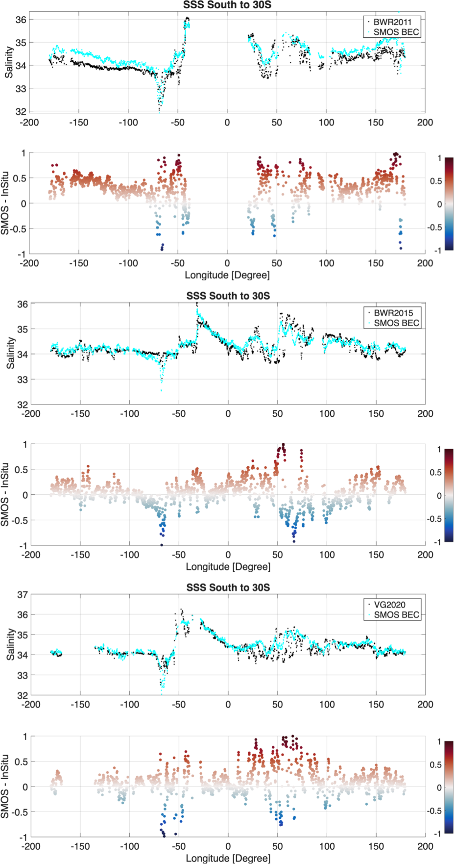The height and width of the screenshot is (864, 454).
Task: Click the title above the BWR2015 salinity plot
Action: [x=228, y=296]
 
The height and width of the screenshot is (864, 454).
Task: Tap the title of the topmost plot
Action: [x=227, y=5]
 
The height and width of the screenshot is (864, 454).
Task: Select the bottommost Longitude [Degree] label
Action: [x=228, y=858]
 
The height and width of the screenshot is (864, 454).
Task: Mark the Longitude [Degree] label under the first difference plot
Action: [x=227, y=275]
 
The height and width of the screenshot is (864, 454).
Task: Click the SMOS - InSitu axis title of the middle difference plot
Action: [x=5, y=495]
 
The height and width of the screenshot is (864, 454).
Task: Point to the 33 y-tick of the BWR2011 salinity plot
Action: [x=21, y=89]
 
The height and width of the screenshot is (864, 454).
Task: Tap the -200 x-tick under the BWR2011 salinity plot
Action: [x=29, y=123]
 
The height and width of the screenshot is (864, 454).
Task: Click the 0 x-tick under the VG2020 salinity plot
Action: [x=228, y=705]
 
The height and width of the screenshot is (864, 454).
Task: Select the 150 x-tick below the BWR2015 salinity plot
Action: [x=376, y=414]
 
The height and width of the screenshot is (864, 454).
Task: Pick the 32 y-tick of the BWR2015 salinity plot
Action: [x=23, y=405]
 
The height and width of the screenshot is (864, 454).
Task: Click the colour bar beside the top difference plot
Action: [x=449, y=204]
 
